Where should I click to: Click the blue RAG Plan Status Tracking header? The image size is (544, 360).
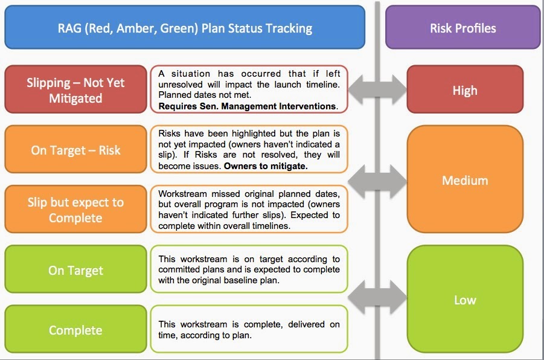(184, 28)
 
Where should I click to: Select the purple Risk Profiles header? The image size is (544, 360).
(462, 28)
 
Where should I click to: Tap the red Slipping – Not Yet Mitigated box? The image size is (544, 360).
(75, 90)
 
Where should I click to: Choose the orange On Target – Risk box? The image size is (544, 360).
(75, 150)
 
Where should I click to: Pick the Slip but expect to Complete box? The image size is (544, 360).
(75, 210)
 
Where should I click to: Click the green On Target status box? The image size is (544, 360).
(75, 270)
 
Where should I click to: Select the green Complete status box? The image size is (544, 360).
(75, 330)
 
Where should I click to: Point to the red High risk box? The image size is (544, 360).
(464, 91)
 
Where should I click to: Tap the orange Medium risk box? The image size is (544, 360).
(464, 180)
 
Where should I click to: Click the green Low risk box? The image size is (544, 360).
(464, 300)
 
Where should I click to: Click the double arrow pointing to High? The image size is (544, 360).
(377, 91)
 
